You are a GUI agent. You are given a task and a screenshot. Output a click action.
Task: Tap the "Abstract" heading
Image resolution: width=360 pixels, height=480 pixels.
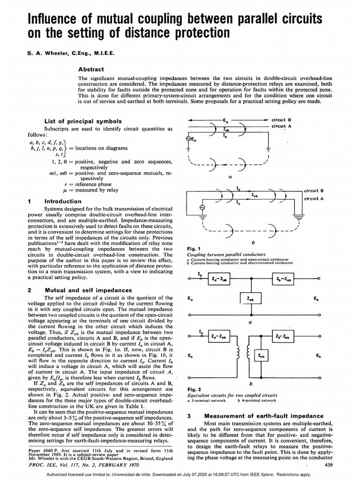pos(91,69)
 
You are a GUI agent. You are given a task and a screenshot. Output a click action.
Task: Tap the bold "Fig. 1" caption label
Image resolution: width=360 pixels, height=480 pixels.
pos(193,248)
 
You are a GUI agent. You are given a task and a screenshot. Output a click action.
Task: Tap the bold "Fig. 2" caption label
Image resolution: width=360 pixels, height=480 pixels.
pos(193,389)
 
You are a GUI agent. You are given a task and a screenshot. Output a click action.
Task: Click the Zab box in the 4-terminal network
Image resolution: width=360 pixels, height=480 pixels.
pos(261,356)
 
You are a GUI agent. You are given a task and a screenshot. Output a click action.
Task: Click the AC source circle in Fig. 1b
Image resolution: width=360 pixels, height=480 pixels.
pos(203,207)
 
